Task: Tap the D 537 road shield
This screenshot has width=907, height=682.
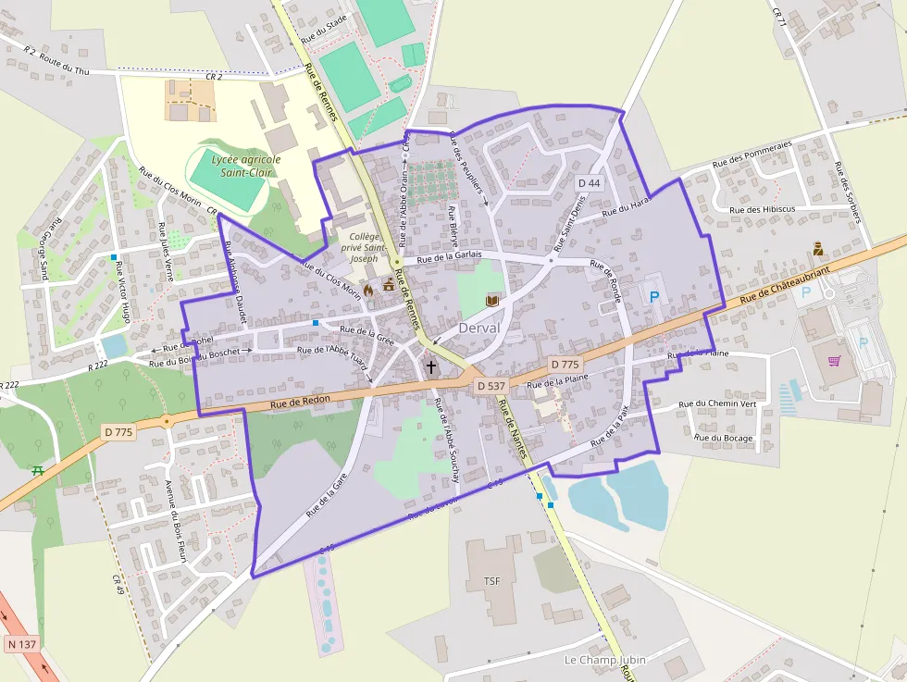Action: point(491,384)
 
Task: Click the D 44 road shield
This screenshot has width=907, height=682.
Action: point(589,183)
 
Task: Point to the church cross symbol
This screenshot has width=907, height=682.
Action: point(430,367)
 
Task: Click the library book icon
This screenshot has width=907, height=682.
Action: point(492,300)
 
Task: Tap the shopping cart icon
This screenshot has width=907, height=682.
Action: point(834,361)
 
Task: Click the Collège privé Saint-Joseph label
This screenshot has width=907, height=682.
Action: point(362,248)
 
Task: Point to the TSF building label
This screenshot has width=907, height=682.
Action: point(491,580)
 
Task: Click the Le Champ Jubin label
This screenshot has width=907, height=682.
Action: point(604,660)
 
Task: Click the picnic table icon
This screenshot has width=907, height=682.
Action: point(38,471)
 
